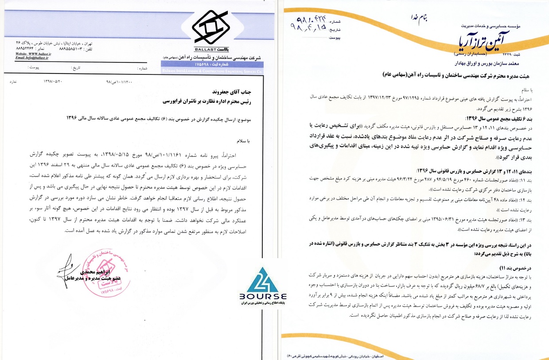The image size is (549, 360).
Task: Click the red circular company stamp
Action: [103, 273]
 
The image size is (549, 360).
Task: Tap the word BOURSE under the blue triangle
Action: [265, 297]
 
